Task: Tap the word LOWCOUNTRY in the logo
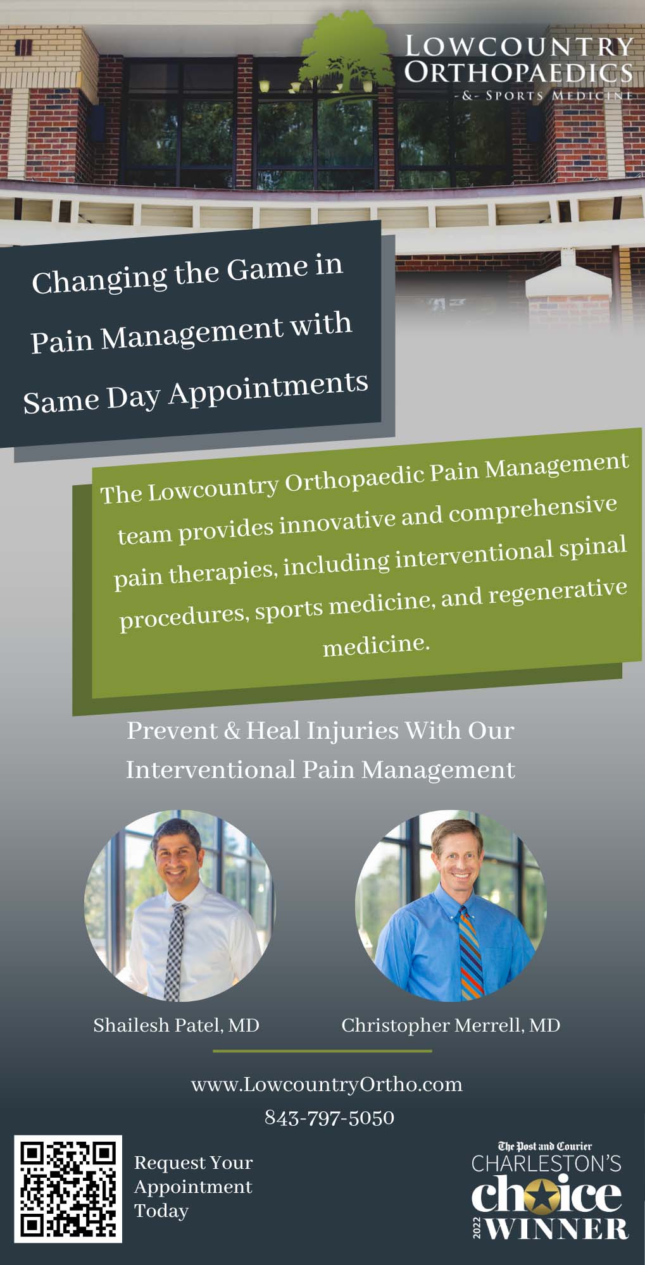pos(518,46)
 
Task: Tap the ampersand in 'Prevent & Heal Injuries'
pos(232,731)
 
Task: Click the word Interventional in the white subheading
pos(209,770)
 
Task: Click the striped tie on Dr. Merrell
pos(470,953)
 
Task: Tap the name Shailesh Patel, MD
pos(177,1025)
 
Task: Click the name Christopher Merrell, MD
pos(451,1025)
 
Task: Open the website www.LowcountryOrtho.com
pos(327,1085)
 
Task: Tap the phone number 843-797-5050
pos(329,1118)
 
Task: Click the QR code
pos(68,1189)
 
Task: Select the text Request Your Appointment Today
pos(194,1187)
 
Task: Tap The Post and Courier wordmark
pos(545,1145)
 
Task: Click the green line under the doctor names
pos(322,1051)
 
